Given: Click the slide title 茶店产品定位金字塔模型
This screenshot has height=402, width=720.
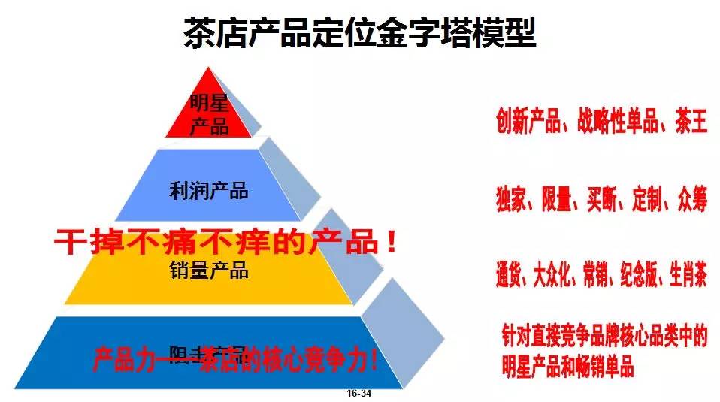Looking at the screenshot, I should (x=359, y=32).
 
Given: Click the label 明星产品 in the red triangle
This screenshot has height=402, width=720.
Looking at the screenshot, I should (x=209, y=113).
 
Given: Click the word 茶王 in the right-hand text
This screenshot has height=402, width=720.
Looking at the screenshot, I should (x=690, y=122).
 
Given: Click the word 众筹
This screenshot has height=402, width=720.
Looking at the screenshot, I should (x=689, y=201).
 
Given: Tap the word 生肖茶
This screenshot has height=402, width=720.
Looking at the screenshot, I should (x=687, y=277).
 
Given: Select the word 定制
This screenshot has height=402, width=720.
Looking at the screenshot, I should (x=643, y=201).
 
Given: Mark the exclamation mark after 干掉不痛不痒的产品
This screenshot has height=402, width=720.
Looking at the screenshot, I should (x=389, y=242).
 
